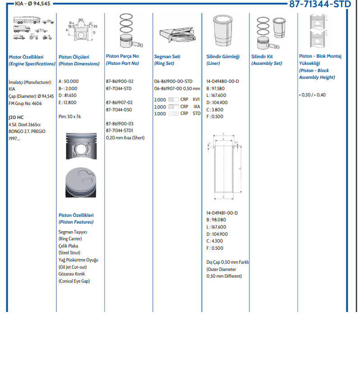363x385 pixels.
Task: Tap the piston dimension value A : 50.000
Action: [69, 81]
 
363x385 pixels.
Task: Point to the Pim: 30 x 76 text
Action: [69, 116]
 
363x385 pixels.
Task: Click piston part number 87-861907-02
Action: [119, 102]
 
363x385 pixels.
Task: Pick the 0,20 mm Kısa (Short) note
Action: [125, 137]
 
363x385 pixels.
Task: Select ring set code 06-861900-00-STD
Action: [173, 81]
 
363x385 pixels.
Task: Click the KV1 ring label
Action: [196, 99]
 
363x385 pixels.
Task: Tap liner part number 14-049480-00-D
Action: [223, 81]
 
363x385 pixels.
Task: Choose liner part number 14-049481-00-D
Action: [222, 213]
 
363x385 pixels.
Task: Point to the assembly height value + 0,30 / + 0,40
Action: [312, 95]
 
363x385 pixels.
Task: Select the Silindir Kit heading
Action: [262, 57]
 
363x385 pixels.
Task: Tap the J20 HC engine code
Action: [16, 117]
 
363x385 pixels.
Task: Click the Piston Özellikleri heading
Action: [76, 215]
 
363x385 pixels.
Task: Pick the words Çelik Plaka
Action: [68, 246]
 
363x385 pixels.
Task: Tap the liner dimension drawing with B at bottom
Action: [224, 167]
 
